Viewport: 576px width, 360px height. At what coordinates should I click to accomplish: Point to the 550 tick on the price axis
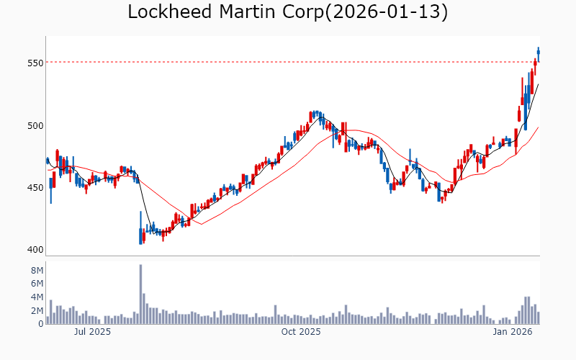35,63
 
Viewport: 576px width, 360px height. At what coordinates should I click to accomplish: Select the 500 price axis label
35,125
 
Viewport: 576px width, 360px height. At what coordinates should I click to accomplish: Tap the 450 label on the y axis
35,187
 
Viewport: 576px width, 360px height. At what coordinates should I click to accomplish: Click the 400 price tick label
35,250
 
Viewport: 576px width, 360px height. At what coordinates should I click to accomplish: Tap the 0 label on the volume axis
40,324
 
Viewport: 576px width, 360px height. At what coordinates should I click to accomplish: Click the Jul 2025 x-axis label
92,332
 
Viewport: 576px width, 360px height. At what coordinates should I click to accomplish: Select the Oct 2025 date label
301,332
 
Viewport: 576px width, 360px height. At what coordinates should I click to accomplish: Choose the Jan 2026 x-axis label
512,332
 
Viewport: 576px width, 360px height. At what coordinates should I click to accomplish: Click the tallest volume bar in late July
140,294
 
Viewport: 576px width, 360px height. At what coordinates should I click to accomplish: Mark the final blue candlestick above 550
538,53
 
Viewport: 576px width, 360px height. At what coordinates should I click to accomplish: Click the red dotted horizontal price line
288,62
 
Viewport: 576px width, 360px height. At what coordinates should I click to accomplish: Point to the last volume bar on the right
538,318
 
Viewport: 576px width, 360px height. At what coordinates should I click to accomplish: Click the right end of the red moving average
538,128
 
